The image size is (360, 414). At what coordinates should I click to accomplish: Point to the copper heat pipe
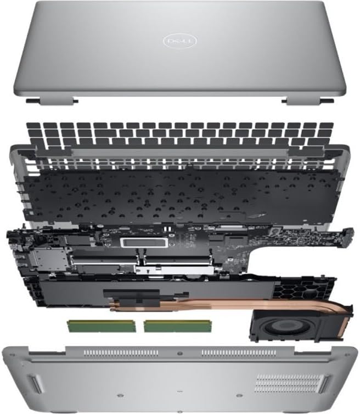(x=220, y=307)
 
